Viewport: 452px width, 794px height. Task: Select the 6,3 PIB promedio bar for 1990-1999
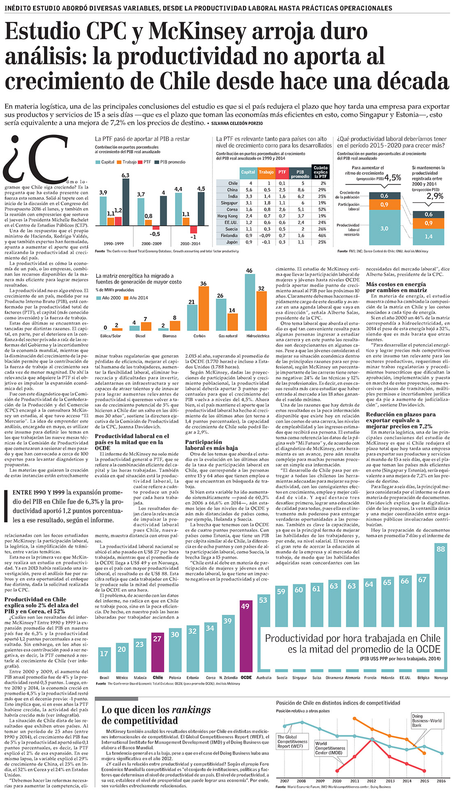point(126,202)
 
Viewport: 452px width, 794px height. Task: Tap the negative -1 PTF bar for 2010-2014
point(194,229)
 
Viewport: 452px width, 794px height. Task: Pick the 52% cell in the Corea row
point(322,209)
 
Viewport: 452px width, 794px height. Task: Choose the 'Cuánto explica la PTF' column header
point(321,172)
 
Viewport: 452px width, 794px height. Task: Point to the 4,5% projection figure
point(392,178)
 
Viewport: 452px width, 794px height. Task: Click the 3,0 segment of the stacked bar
point(384,228)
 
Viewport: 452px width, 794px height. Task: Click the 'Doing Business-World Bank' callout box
point(427,721)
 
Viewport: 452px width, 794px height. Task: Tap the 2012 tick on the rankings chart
point(371,781)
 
